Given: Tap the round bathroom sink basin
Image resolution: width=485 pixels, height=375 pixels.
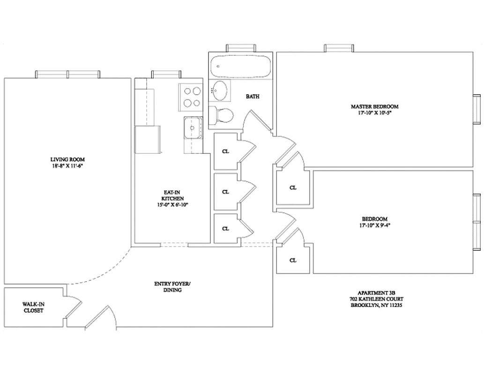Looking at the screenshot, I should point(220,90).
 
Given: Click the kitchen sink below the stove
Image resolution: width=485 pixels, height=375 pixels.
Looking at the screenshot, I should point(193,127).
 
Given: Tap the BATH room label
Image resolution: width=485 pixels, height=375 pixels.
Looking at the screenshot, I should point(253,97).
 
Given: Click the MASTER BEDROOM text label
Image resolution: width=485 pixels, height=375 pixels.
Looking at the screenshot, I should point(374,106).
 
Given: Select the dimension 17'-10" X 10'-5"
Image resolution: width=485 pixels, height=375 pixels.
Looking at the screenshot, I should point(374,113).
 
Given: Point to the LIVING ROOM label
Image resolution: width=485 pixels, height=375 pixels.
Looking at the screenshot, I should point(68,159).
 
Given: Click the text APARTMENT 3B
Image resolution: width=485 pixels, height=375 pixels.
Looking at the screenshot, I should point(376,292).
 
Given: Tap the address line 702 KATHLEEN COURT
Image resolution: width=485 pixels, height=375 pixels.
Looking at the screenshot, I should point(376,299).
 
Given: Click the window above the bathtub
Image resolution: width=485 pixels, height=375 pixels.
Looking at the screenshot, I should point(241,48).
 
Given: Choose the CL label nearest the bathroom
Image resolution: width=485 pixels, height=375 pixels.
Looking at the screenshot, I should point(226,151).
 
